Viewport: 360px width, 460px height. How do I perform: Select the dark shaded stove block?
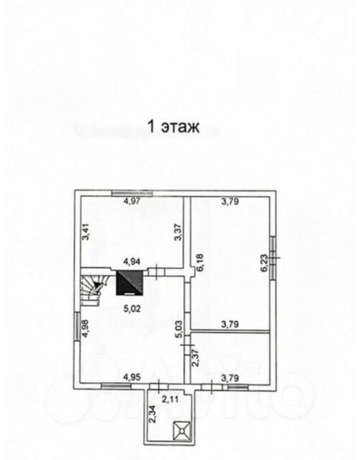[x=130, y=282]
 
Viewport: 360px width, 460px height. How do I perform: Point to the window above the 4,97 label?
[x=132, y=193]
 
